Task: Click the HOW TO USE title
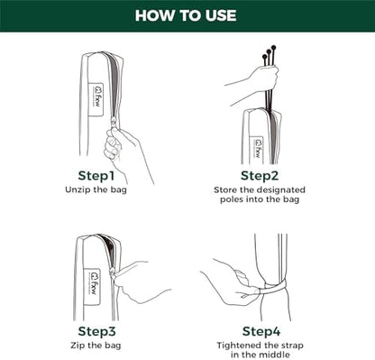click(x=186, y=15)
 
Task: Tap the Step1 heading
click(x=96, y=176)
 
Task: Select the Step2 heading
click(x=260, y=176)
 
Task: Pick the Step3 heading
click(x=96, y=331)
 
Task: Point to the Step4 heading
click(x=261, y=331)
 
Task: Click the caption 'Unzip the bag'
click(x=96, y=190)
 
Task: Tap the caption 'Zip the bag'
click(x=96, y=346)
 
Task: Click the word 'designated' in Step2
click(x=281, y=190)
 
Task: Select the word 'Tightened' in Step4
click(x=239, y=346)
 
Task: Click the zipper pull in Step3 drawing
click(x=113, y=274)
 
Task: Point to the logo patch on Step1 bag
click(x=96, y=99)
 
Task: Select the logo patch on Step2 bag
click(x=257, y=151)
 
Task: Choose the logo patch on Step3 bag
click(x=92, y=287)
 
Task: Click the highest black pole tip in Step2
click(x=273, y=47)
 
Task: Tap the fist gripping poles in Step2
click(x=265, y=78)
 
